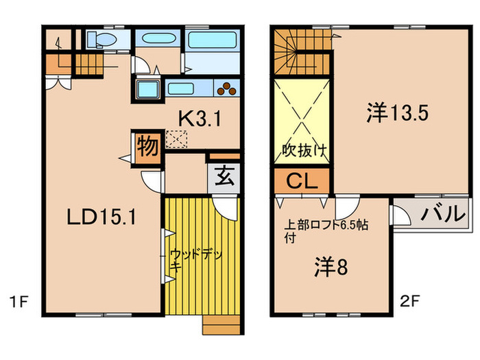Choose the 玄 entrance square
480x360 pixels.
(x=224, y=178)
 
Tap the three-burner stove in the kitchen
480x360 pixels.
(x=227, y=88)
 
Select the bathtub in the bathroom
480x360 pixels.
(x=212, y=39)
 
